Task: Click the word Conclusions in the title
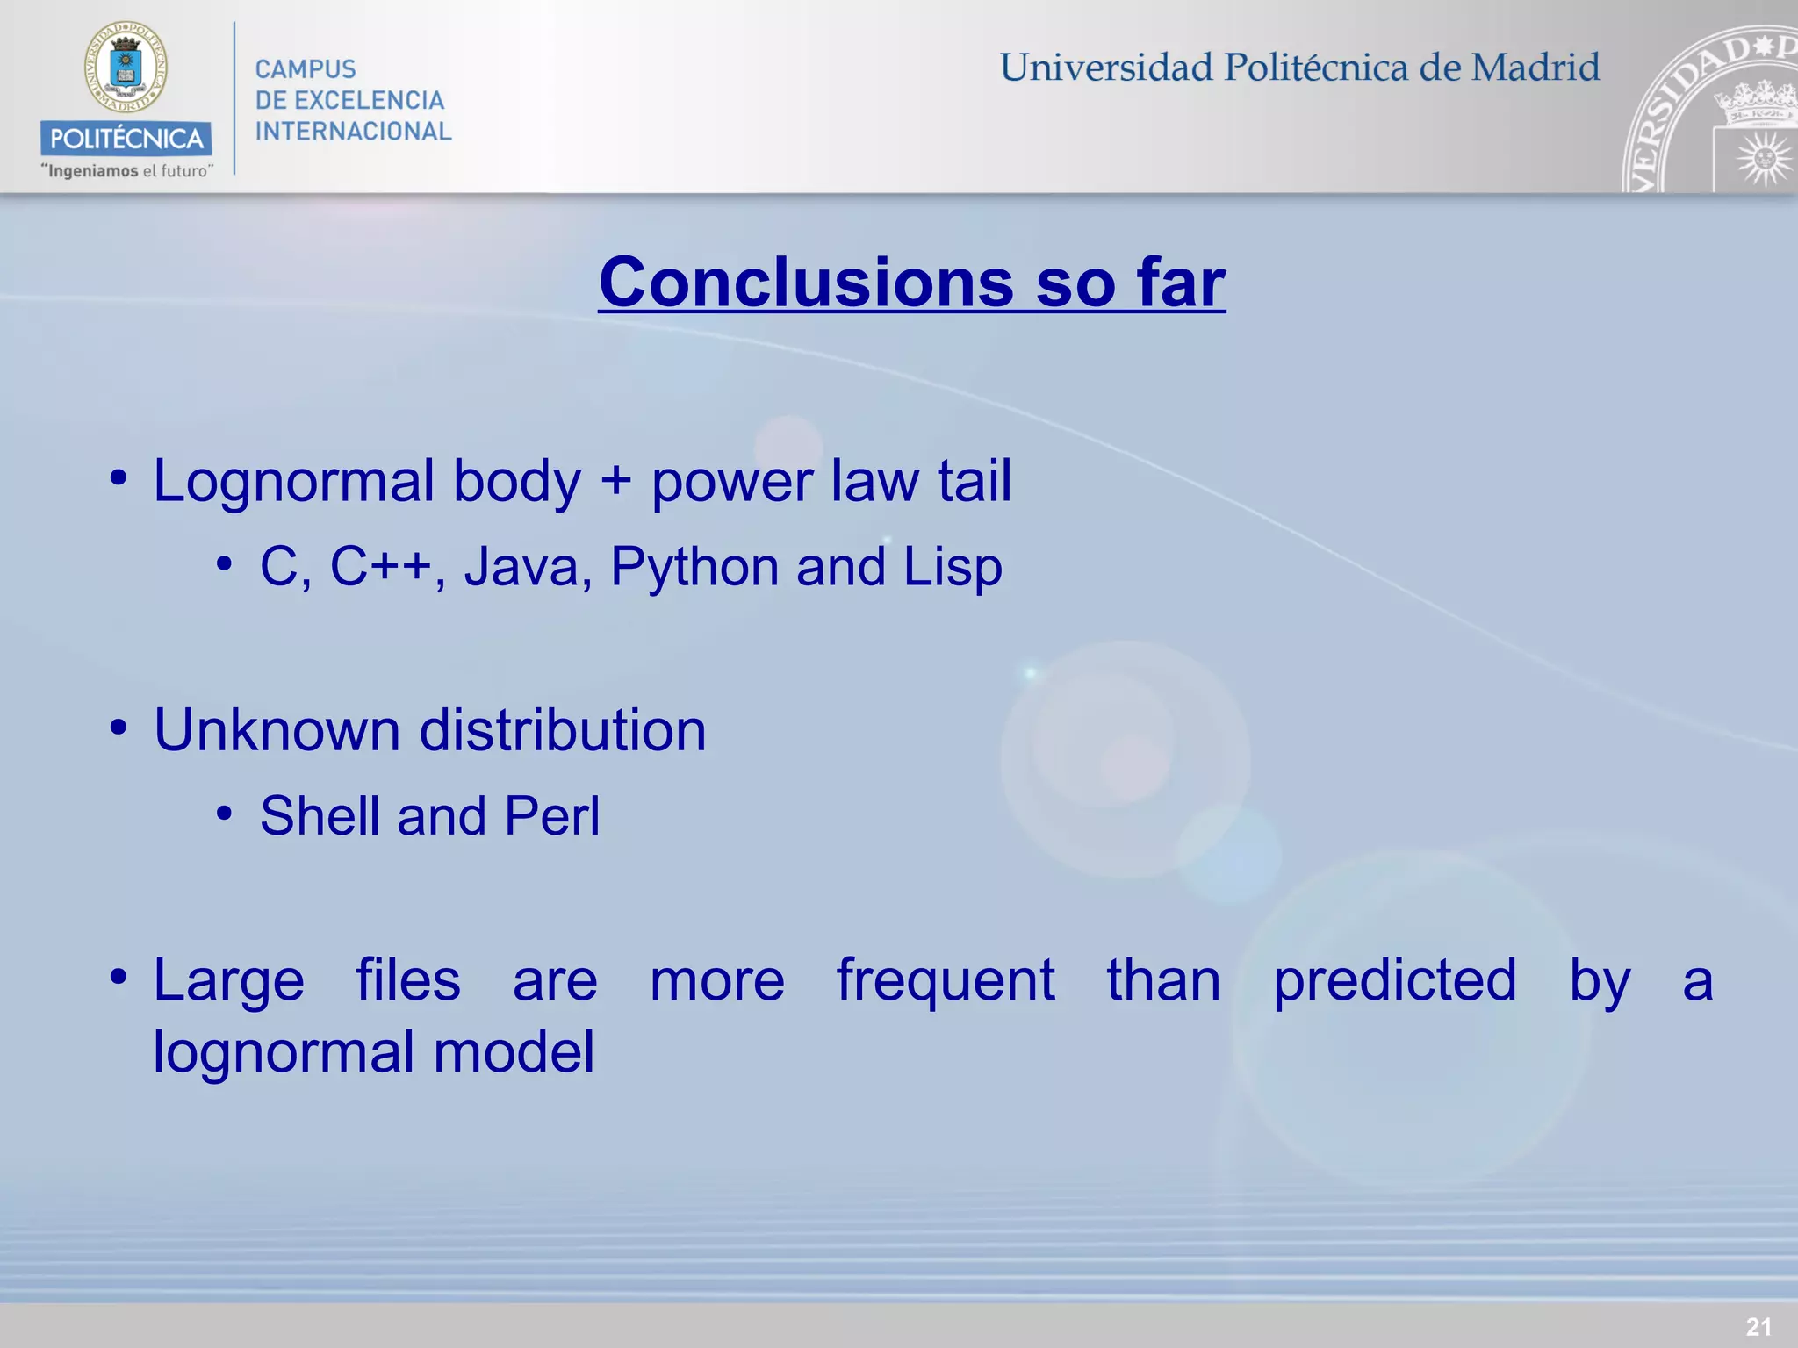click(x=806, y=283)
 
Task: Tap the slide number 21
click(x=1758, y=1326)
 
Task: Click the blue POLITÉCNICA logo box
click(x=126, y=139)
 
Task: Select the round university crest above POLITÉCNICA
click(x=126, y=68)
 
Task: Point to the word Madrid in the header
click(x=1535, y=68)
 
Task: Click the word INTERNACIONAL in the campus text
click(x=353, y=132)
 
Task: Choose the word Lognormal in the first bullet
click(x=294, y=482)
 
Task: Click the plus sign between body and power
click(x=615, y=482)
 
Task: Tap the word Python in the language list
click(x=694, y=566)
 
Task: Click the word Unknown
click(x=277, y=730)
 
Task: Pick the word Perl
click(x=552, y=815)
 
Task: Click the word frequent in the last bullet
click(x=945, y=980)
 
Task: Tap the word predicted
click(x=1394, y=980)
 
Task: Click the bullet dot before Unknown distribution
click(x=119, y=728)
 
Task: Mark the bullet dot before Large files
click(x=119, y=977)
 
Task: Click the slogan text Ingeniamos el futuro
click(x=126, y=171)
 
